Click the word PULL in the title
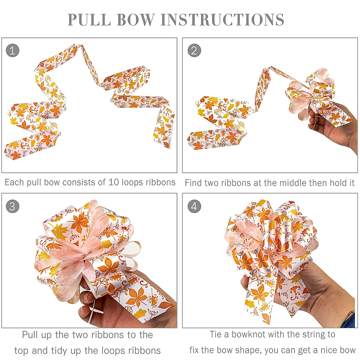89,20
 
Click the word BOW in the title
136,20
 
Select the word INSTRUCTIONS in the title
222,20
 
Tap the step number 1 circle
13,50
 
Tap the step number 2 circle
194,50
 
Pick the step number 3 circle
13,207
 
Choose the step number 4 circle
194,207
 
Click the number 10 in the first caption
114,182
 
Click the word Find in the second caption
193,183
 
